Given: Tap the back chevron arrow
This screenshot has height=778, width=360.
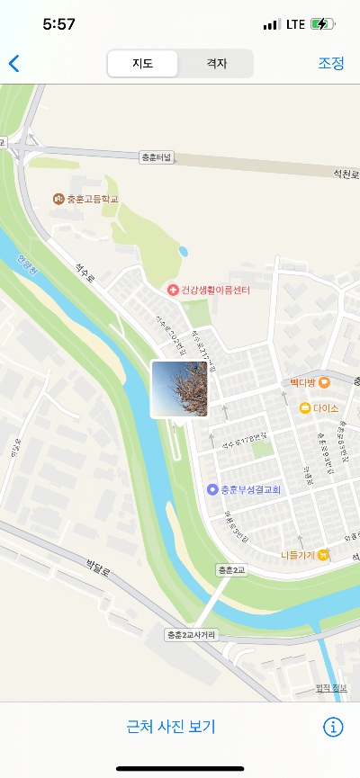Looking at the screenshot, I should point(13,63).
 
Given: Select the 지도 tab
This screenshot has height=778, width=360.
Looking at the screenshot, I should point(142,63).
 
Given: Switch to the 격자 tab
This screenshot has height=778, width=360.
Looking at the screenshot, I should point(216,63).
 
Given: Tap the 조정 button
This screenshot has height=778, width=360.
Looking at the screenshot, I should point(330,63).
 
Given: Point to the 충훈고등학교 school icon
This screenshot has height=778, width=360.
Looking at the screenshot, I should point(58,198).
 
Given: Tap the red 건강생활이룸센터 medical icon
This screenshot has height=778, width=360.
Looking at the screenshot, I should point(173,291).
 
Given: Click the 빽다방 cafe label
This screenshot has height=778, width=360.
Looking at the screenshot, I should point(302,382).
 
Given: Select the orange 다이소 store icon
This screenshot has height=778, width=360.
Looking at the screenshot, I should point(306,408).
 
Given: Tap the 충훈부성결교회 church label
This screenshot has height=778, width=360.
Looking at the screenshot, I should point(251,489).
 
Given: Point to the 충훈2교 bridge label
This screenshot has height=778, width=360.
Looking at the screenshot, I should point(231,570).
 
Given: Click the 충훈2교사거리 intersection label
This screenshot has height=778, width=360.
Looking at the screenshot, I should point(191,635).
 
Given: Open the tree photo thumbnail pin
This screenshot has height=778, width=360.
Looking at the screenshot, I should point(179,389).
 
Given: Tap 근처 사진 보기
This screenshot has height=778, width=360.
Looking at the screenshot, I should point(171,727).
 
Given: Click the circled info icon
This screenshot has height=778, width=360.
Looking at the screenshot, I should point(333,727).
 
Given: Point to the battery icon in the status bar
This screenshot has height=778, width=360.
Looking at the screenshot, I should point(322,24).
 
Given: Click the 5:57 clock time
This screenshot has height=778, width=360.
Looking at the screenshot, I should point(58,24).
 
